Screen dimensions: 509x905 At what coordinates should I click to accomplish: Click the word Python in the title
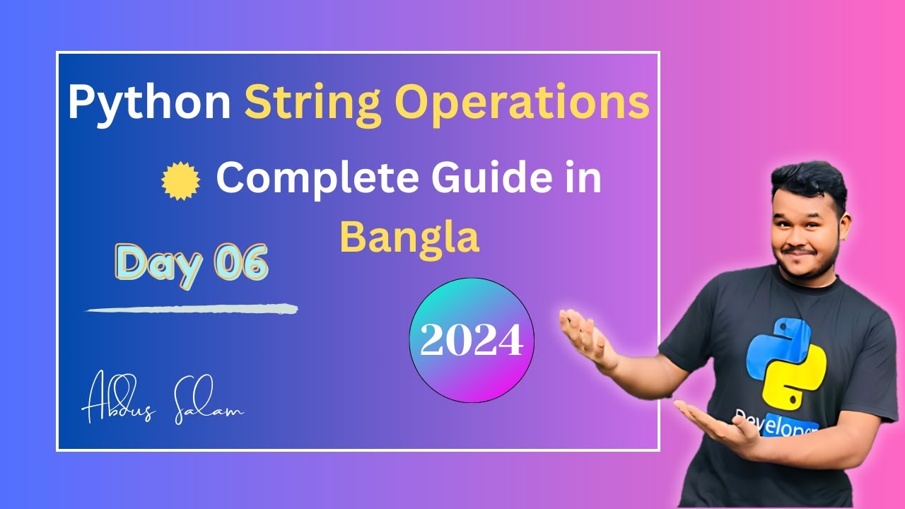pyautogui.click(x=149, y=103)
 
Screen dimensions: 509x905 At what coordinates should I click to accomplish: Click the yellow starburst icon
pyautogui.click(x=181, y=180)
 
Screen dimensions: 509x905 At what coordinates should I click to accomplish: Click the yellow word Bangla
pyautogui.click(x=409, y=238)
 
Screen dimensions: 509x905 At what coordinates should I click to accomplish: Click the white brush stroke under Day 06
pyautogui.click(x=191, y=309)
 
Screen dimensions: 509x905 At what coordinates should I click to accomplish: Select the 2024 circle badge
pyautogui.click(x=472, y=341)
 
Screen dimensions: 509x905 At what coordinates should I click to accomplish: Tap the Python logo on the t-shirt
pyautogui.click(x=785, y=364)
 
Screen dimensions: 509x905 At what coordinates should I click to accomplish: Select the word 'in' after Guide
pyautogui.click(x=583, y=178)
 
